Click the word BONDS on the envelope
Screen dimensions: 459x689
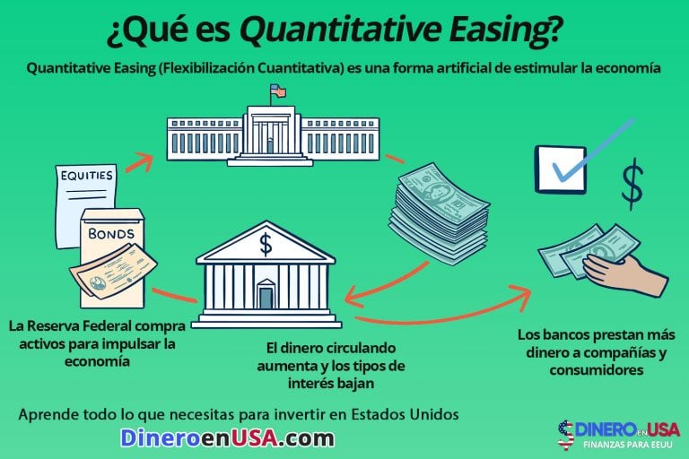pos(112,233)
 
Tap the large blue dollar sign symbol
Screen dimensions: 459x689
pos(632,184)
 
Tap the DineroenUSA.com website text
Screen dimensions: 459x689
pos(228,437)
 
